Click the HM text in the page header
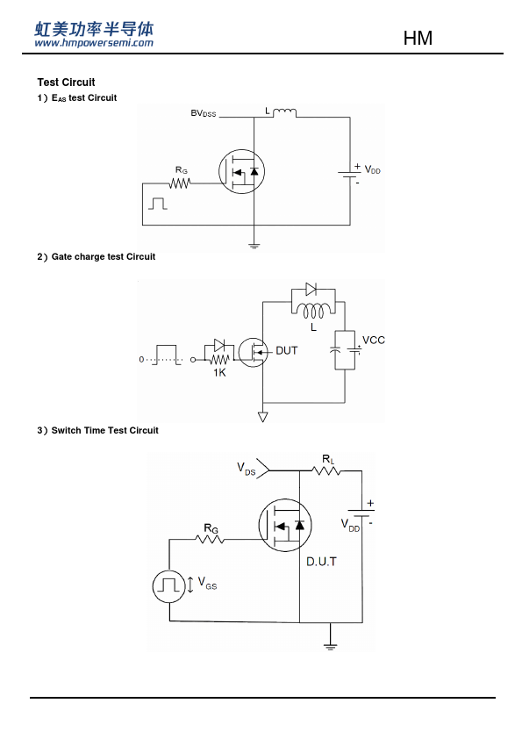pyautogui.click(x=418, y=38)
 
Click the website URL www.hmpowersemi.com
pyautogui.click(x=94, y=43)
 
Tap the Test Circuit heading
pyautogui.click(x=66, y=83)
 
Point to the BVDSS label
pyautogui.click(x=203, y=113)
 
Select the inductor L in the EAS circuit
pyautogui.click(x=284, y=112)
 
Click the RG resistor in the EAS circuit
pyautogui.click(x=180, y=183)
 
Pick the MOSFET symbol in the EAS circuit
pyautogui.click(x=241, y=171)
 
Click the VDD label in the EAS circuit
pyautogui.click(x=372, y=170)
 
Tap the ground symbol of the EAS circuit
pyautogui.click(x=254, y=245)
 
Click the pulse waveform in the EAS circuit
pyautogui.click(x=157, y=204)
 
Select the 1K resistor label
pyautogui.click(x=219, y=373)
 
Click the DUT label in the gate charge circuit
pyautogui.click(x=286, y=351)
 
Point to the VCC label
pyautogui.click(x=374, y=341)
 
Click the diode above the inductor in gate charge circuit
pyautogui.click(x=311, y=289)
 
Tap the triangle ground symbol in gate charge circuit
pyautogui.click(x=263, y=417)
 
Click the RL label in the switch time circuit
pyautogui.click(x=328, y=460)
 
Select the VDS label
pyautogui.click(x=246, y=469)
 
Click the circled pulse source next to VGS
pyautogui.click(x=168, y=585)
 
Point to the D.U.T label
pyautogui.click(x=321, y=562)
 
